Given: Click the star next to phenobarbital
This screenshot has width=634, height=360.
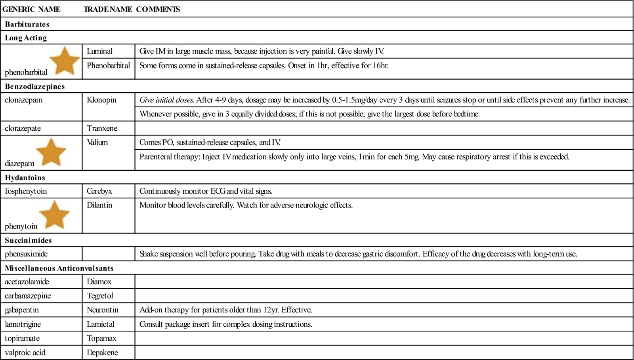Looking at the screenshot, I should click(64, 61).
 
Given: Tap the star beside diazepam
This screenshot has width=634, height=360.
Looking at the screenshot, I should click(51, 152).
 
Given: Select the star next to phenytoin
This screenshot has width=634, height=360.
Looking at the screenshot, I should click(55, 215).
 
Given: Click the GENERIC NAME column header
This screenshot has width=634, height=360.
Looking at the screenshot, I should click(31, 9).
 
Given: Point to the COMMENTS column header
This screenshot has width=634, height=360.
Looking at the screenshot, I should click(158, 9).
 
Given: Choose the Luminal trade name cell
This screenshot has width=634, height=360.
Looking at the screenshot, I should click(99, 51).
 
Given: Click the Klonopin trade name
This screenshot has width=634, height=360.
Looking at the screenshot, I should click(101, 100).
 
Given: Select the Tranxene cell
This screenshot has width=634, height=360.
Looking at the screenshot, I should click(102, 128).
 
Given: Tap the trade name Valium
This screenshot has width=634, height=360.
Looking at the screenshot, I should click(97, 142).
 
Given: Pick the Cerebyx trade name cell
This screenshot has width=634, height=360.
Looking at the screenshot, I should click(99, 191).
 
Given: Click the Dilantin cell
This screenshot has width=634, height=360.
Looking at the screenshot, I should click(99, 205).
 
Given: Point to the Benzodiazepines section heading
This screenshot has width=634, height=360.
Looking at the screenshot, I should click(35, 86).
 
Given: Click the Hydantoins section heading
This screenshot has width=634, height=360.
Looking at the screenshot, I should click(25, 177).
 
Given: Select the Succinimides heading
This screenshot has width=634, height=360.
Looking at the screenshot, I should click(28, 240).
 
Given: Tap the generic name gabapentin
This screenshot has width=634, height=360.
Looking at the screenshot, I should click(22, 310).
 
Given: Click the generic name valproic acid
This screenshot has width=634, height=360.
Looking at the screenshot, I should click(25, 352).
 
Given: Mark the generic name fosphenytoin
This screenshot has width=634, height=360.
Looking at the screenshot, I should click(26, 191).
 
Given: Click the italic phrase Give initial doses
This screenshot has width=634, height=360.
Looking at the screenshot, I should click(166, 100).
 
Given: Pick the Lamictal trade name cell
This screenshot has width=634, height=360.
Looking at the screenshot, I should click(101, 324).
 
